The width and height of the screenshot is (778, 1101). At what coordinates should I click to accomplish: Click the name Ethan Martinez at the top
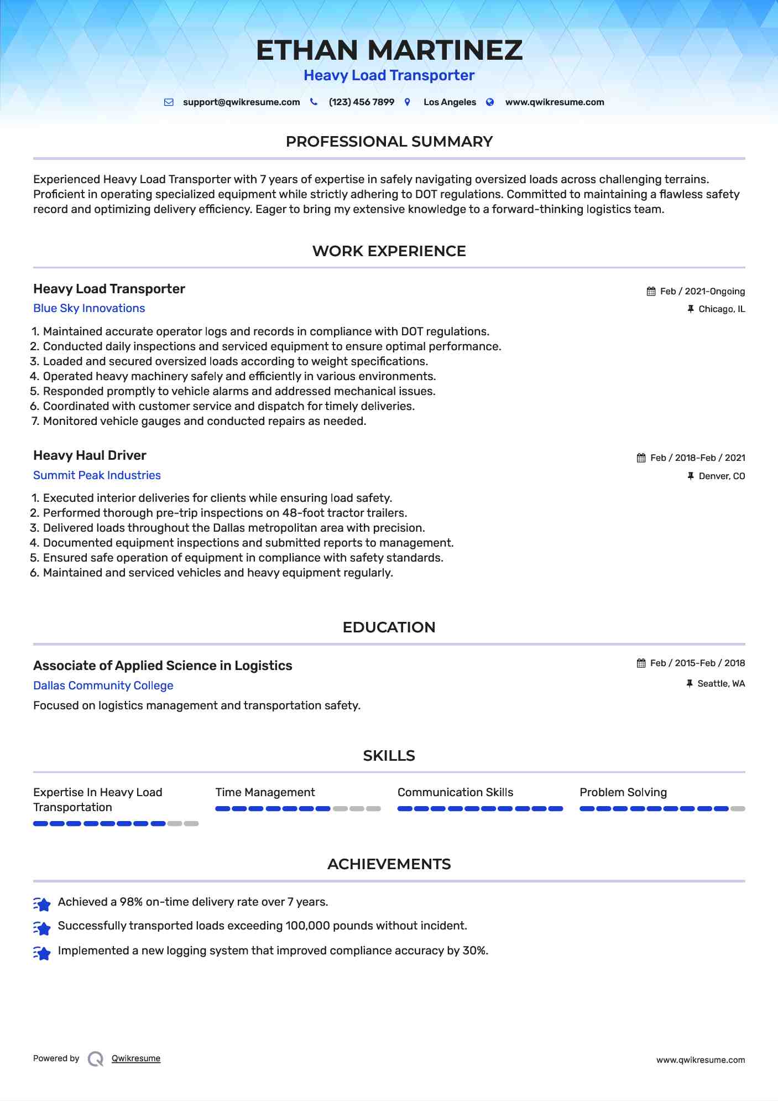[x=389, y=50]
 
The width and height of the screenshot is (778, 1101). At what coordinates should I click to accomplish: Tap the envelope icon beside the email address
[x=169, y=102]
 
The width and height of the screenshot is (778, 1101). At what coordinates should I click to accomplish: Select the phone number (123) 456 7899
[x=361, y=102]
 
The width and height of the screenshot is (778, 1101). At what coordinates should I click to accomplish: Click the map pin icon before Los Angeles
[x=408, y=102]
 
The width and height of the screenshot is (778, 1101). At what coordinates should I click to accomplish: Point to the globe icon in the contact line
[x=490, y=102]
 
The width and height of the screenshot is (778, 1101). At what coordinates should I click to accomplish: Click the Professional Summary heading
[x=389, y=142]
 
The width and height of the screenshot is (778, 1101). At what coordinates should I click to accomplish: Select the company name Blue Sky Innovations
[x=89, y=309]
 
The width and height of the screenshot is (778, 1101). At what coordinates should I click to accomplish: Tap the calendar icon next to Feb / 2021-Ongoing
[x=651, y=292]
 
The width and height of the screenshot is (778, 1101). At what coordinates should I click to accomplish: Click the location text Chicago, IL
[x=722, y=309]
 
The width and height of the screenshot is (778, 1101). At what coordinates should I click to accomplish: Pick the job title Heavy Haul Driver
[x=90, y=455]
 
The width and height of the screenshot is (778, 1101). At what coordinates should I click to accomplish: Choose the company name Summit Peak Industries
[x=97, y=476]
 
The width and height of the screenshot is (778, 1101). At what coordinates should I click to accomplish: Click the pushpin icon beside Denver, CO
[x=690, y=476]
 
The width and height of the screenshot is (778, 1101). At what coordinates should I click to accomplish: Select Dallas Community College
[x=103, y=686]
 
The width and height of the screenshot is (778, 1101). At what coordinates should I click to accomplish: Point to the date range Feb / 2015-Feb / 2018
[x=697, y=663]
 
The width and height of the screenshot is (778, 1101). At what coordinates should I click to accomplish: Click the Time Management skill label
[x=265, y=792]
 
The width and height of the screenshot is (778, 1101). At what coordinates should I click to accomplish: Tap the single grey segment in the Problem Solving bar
[x=738, y=809]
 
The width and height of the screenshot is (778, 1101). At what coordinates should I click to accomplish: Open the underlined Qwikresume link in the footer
[x=136, y=1059]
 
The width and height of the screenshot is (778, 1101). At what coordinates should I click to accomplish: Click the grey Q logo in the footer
[x=96, y=1059]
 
